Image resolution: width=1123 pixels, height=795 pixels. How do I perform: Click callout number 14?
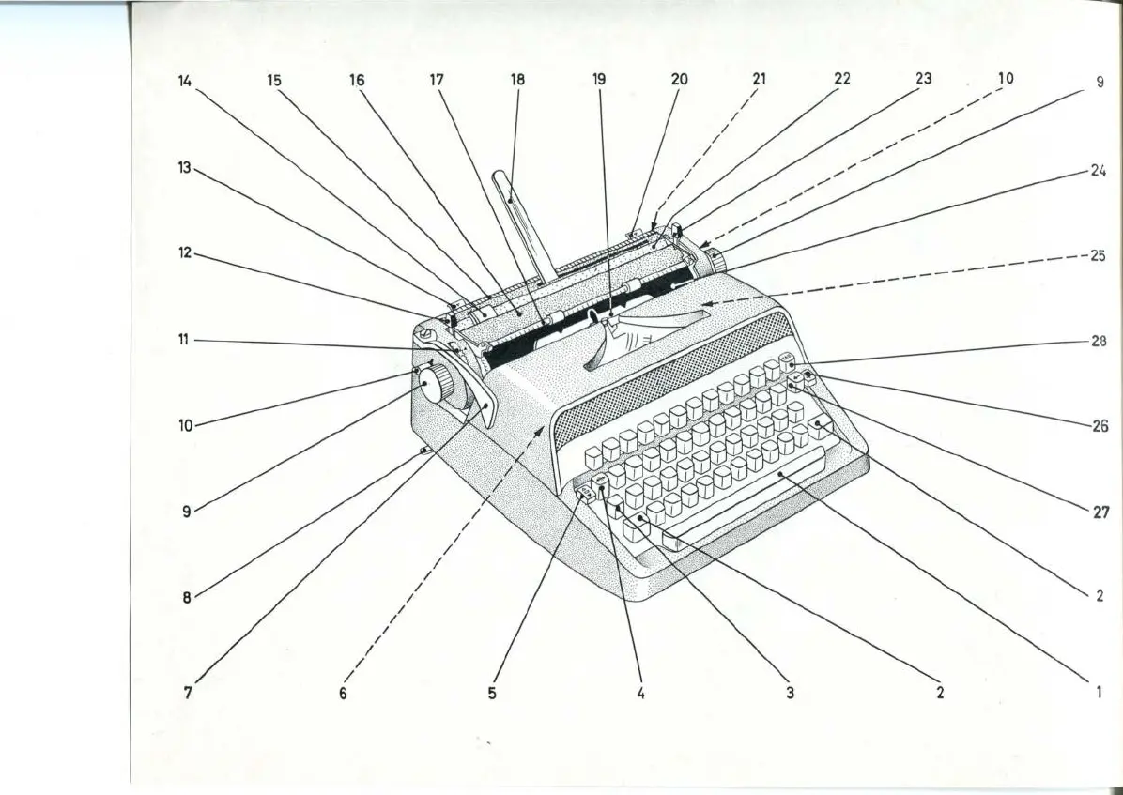(x=184, y=81)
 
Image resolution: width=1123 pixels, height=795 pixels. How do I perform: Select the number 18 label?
(x=517, y=81)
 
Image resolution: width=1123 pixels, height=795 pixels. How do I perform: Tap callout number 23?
(x=924, y=79)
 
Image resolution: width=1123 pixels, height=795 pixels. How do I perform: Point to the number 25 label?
(x=1099, y=255)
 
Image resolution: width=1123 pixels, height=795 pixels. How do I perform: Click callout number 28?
(x=1099, y=342)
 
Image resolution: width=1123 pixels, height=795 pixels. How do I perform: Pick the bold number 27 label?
(x=1101, y=512)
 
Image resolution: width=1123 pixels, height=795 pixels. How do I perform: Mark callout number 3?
(x=791, y=694)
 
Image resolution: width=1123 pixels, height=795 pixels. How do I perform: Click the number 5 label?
(x=492, y=694)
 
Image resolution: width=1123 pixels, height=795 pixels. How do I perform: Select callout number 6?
(x=343, y=694)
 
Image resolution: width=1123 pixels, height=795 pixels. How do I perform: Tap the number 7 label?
(x=188, y=694)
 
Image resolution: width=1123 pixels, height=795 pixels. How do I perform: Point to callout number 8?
(x=187, y=597)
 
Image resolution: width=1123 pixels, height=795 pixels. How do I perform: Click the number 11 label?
(x=184, y=339)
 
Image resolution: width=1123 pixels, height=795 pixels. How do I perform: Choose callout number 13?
(x=184, y=168)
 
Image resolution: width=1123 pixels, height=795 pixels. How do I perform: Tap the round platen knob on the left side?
(x=436, y=387)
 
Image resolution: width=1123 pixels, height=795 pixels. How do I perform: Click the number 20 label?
(x=679, y=80)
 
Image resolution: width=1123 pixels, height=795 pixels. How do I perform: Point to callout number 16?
(x=357, y=81)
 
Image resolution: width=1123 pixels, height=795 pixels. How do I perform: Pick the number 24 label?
(x=1099, y=172)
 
